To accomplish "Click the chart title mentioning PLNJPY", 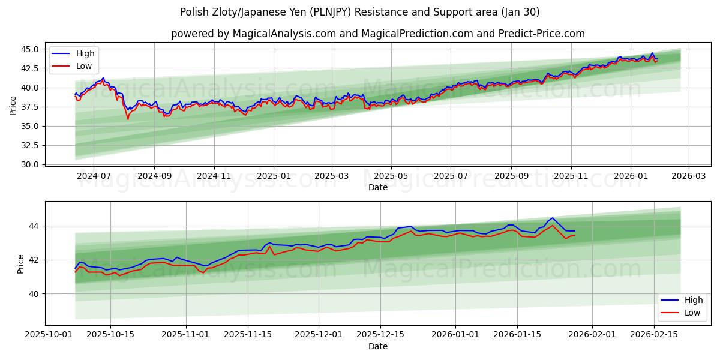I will tap(360, 12).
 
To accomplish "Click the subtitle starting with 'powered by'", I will tap(378, 34).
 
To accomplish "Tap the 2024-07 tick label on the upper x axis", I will tap(95, 176).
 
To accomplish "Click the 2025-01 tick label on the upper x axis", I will tap(274, 176).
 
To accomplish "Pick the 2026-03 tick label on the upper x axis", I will tap(688, 176).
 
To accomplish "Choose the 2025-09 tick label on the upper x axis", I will tap(511, 176).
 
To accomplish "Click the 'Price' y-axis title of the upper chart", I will tap(13, 106).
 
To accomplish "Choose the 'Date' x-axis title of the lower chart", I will tap(378, 346).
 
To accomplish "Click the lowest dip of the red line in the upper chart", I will tap(127, 119).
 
